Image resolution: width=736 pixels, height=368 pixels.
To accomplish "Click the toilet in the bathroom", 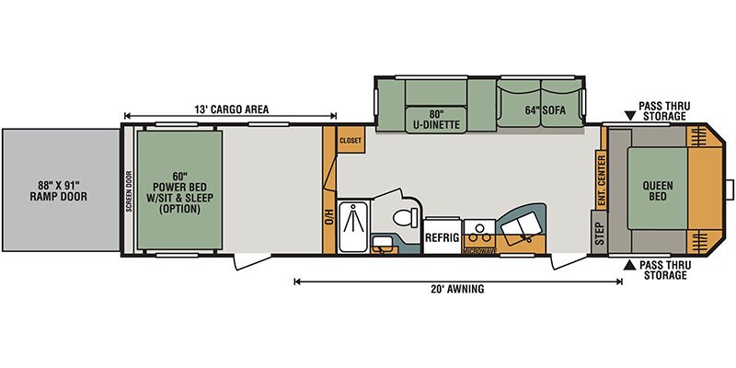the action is tap(404, 218).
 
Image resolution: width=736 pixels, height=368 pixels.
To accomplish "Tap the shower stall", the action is tap(354, 226).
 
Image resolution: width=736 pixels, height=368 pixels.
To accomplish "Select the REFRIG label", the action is tap(442, 237).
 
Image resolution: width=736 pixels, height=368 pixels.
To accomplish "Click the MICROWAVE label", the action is tap(479, 251).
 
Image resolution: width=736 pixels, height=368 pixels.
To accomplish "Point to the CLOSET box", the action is tap(351, 140).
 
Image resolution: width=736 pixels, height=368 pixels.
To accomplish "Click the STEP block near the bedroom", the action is tap(599, 233).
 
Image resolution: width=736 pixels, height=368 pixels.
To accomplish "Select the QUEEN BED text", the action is tap(657, 190).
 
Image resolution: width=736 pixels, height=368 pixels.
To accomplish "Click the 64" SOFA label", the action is tap(545, 110).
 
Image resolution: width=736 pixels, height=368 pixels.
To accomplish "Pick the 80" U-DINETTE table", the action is tap(436, 120).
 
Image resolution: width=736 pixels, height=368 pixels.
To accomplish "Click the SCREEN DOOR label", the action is tap(129, 191).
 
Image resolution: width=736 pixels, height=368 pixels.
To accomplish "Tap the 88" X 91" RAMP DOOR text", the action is tap(59, 190).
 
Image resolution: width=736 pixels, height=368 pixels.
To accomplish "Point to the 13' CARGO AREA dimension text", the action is tap(232, 109).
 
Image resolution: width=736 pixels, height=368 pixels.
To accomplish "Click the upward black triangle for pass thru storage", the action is tap(628, 267).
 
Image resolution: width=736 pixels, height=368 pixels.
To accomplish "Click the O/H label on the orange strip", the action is tap(329, 217).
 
